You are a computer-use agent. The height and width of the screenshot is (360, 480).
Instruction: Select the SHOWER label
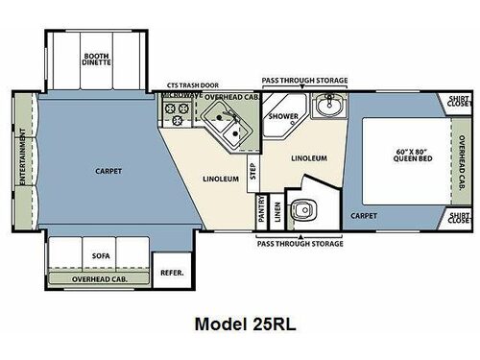[282, 117]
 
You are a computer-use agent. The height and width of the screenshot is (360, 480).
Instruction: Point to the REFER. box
[173, 272]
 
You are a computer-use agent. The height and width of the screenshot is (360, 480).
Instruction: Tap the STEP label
[252, 172]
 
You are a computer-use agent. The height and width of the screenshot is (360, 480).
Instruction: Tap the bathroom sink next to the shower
[327, 105]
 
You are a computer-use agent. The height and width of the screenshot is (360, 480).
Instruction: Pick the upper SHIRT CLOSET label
[459, 101]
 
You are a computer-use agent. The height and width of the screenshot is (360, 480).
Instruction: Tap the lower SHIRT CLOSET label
[459, 220]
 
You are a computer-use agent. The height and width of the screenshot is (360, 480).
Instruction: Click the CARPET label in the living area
[108, 171]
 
